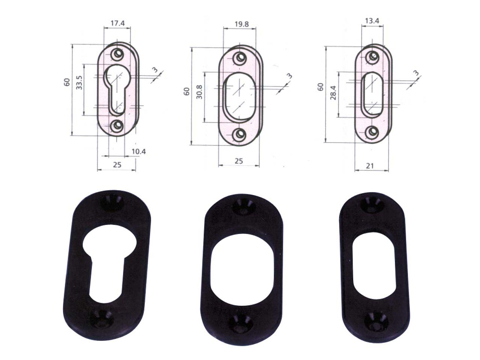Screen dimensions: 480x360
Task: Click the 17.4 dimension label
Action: click(117, 23)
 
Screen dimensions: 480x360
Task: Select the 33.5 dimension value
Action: click(79, 82)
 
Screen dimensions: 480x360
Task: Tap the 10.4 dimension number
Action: click(139, 151)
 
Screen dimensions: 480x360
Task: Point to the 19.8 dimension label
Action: click(241, 24)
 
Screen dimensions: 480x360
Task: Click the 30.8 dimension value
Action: click(199, 92)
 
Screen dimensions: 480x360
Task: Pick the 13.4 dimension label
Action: click(372, 21)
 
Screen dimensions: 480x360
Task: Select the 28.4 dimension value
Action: click(333, 93)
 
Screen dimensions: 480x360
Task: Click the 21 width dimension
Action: click(370, 166)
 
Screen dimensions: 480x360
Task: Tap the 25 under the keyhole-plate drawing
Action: click(117, 165)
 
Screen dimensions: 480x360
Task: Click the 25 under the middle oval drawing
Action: click(239, 161)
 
